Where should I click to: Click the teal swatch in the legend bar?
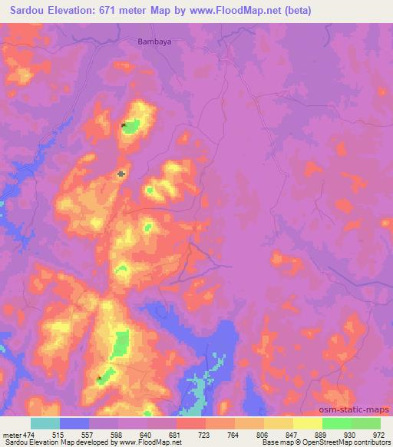point(45,423)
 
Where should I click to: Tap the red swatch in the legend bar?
point(190,423)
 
